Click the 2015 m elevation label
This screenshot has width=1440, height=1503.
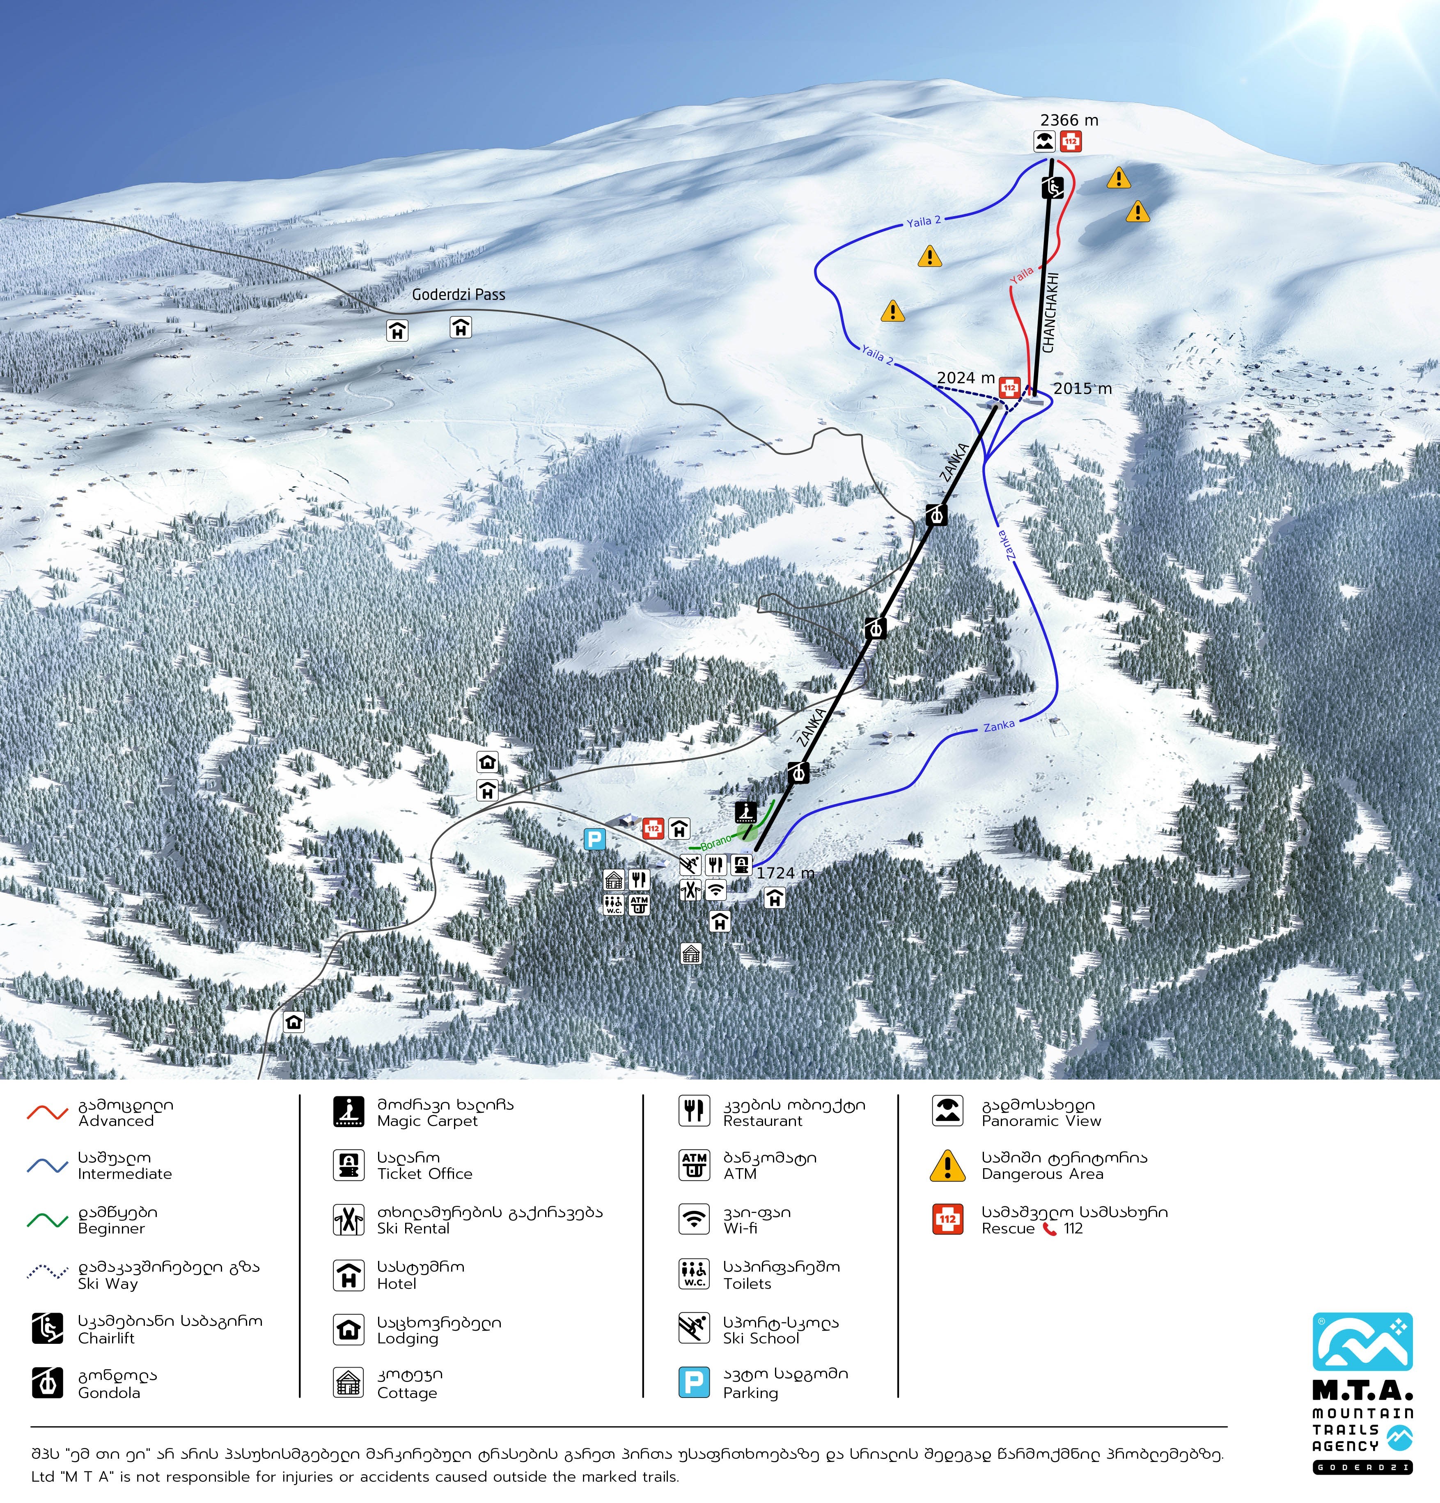tap(1082, 389)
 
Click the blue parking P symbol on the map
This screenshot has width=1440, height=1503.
tap(594, 840)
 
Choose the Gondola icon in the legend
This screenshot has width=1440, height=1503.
tap(48, 1383)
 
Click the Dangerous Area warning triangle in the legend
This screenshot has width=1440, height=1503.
tap(947, 1166)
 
